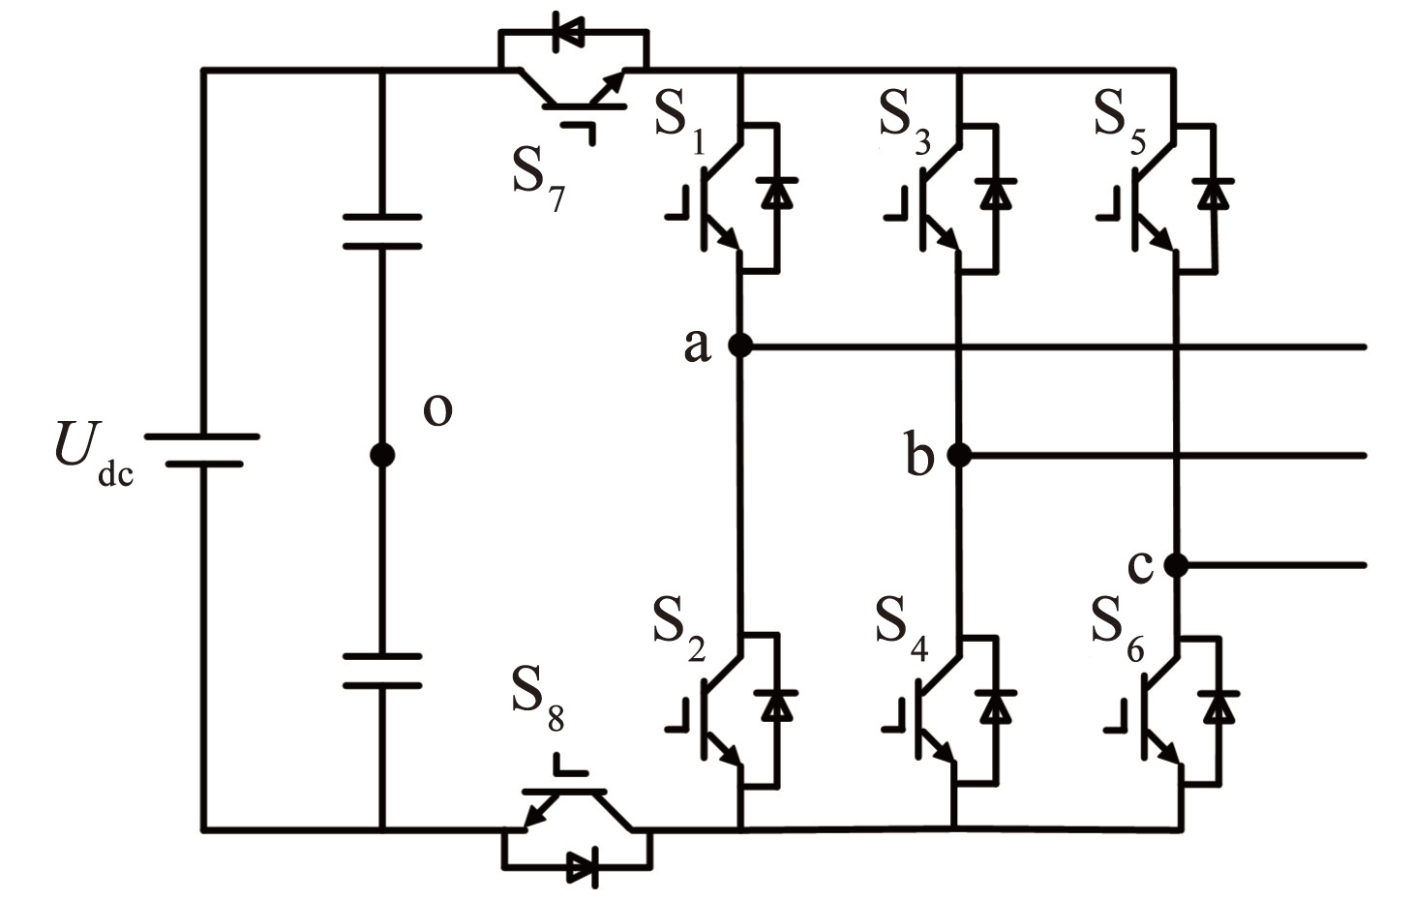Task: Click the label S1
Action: coord(680,121)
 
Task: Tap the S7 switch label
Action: coord(538,181)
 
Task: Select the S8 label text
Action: coord(538,698)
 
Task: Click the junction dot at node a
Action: coord(740,345)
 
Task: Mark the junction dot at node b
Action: coord(959,455)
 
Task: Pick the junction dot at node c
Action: coord(1176,565)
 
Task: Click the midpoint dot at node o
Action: coord(382,455)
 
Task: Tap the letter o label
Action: coord(437,409)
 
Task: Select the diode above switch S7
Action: coord(567,31)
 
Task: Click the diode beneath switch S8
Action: coord(583,868)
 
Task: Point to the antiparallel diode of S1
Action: coord(776,193)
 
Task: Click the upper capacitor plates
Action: coord(382,231)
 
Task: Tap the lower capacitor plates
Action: coord(382,671)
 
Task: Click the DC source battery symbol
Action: coord(202,450)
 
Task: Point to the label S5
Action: coord(1120,121)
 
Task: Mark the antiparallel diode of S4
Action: coord(996,706)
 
